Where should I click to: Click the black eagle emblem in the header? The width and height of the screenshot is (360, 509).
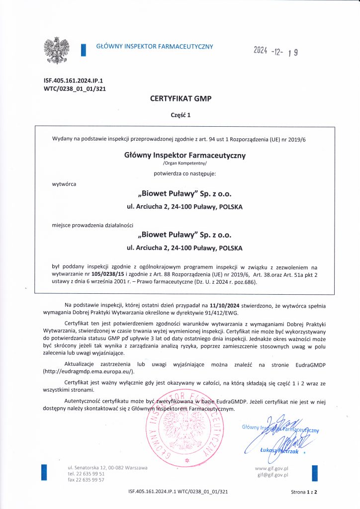pyautogui.click(x=56, y=50)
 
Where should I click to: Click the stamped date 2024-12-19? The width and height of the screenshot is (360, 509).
pyautogui.click(x=275, y=51)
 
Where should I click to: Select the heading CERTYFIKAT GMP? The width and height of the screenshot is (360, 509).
pyautogui.click(x=180, y=98)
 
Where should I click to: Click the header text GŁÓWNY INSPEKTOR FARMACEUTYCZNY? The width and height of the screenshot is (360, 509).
pyautogui.click(x=155, y=47)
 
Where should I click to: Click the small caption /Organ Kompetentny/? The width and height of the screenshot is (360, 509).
pyautogui.click(x=184, y=163)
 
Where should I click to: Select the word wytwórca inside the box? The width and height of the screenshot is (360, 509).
pyautogui.click(x=65, y=184)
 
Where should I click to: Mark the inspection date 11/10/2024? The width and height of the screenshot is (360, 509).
pyautogui.click(x=227, y=305)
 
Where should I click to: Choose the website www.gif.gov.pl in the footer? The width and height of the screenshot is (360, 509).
pyautogui.click(x=272, y=468)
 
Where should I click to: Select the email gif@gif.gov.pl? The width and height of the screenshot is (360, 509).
pyautogui.click(x=273, y=475)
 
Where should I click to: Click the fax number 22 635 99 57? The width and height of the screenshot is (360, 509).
pyautogui.click(x=87, y=480)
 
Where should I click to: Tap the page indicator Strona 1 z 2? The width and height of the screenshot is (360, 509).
pyautogui.click(x=304, y=492)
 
